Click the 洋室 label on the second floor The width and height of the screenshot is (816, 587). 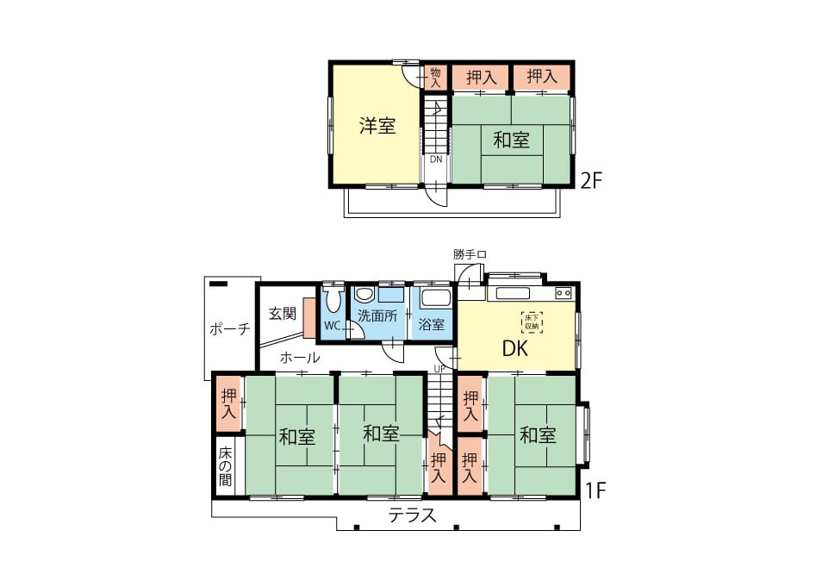(x=377, y=125)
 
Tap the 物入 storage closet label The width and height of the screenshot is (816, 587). (x=436, y=78)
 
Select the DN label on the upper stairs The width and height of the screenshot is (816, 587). (x=436, y=159)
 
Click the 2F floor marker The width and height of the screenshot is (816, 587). (x=591, y=180)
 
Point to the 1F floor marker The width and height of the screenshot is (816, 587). (x=595, y=490)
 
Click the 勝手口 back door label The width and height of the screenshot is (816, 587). (x=470, y=254)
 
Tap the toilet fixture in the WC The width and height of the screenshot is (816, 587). (x=333, y=298)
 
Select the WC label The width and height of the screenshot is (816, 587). (x=332, y=326)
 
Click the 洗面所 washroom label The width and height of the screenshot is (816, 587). (x=377, y=315)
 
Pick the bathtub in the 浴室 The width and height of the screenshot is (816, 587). (x=434, y=299)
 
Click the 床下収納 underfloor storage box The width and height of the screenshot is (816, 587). (x=532, y=322)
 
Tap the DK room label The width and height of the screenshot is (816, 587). (x=515, y=348)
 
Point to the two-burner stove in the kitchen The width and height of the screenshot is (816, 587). (x=563, y=293)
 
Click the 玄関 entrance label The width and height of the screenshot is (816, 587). (x=283, y=314)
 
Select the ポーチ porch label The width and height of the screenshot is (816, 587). (x=229, y=329)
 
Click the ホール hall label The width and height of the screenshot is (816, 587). (x=300, y=358)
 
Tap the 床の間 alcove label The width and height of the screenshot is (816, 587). (x=226, y=465)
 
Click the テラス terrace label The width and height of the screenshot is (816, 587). (x=412, y=515)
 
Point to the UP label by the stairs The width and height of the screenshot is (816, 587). (x=439, y=368)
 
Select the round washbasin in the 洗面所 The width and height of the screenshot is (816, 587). (x=364, y=295)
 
